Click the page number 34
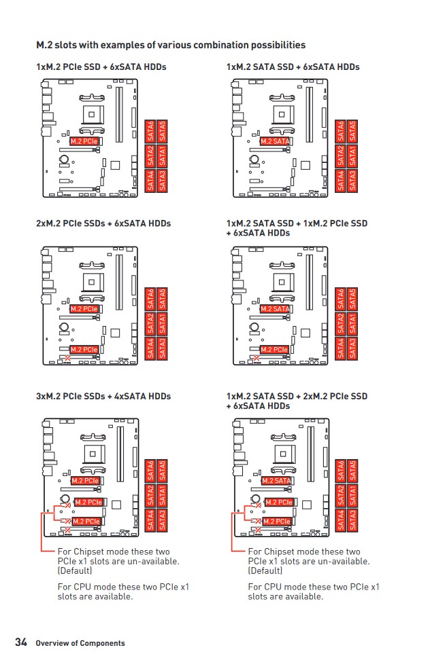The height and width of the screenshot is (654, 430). tap(21, 642)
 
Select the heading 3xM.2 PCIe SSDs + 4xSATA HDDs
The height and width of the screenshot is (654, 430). tap(103, 396)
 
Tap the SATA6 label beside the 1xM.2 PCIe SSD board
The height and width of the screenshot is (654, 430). tap(150, 131)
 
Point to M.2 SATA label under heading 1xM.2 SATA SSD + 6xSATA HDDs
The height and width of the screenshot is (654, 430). tap(275, 141)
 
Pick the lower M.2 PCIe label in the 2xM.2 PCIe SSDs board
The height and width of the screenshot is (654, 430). tap(84, 350)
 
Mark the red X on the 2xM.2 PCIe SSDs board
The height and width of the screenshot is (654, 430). tap(66, 358)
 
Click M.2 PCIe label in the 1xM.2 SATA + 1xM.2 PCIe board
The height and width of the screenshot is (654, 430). tap(274, 350)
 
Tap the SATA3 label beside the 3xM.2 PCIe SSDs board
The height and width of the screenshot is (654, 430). tap(162, 520)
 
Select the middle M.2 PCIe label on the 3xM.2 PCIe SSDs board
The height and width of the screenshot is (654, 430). tap(88, 502)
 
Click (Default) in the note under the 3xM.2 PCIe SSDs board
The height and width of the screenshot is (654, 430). tap(75, 570)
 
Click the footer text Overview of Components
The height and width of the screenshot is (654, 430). tap(80, 643)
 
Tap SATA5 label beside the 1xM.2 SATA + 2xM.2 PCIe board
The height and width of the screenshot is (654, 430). tap(352, 471)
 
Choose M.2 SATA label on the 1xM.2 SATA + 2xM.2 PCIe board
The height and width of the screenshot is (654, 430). tap(276, 481)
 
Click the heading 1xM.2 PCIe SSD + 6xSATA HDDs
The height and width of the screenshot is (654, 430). tap(101, 67)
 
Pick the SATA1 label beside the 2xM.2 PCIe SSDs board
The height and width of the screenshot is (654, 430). tap(162, 323)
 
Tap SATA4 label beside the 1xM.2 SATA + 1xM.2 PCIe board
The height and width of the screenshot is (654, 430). tap(341, 348)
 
